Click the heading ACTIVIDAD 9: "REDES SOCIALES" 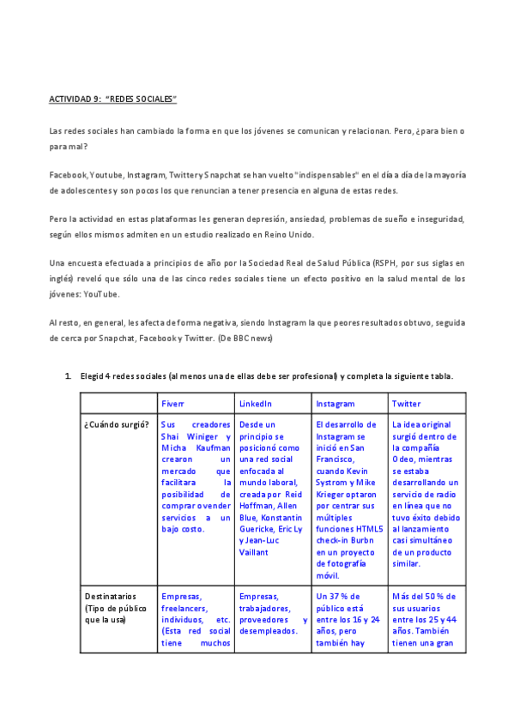coord(112,99)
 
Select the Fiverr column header coord(173,403)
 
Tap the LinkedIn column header coord(256,403)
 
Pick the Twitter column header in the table coord(407,403)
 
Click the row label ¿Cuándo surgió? coord(117,425)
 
